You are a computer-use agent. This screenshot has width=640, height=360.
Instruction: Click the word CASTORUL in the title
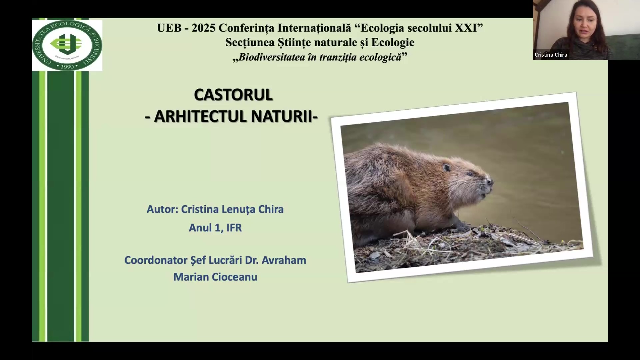[x=233, y=95]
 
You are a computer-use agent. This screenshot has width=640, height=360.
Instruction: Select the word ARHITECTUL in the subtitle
[x=201, y=116]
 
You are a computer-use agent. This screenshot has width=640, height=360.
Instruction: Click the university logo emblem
[x=67, y=45]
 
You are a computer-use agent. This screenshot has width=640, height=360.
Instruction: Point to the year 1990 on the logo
[x=67, y=66]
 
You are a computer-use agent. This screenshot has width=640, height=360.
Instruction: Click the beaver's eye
[x=469, y=174]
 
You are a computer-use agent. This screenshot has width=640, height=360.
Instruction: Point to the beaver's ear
[x=447, y=167]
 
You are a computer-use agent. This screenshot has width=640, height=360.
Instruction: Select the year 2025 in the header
[x=203, y=28]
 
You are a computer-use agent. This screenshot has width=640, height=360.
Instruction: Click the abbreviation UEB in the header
[x=169, y=28]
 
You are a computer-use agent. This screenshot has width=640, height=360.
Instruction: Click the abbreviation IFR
[x=234, y=228]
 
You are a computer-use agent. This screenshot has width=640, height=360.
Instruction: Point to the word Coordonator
[x=156, y=260]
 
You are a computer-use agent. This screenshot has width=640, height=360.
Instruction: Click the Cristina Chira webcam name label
[x=551, y=55]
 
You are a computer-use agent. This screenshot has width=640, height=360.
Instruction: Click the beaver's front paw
[x=462, y=227]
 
